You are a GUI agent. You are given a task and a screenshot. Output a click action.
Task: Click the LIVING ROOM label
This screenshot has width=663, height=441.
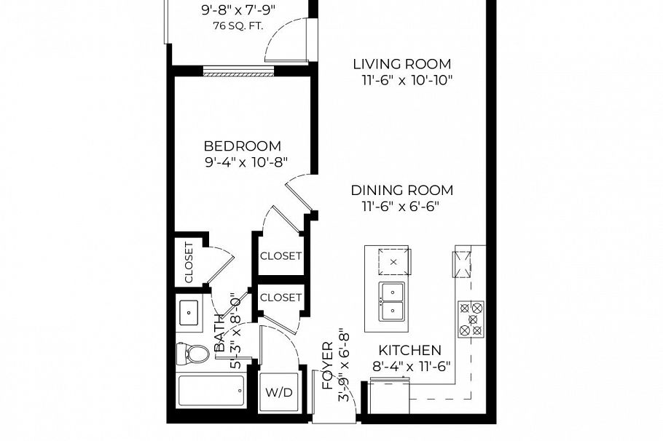pyautogui.click(x=401, y=64)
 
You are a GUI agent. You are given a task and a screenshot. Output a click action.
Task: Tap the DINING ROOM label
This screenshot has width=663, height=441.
pyautogui.click(x=401, y=191)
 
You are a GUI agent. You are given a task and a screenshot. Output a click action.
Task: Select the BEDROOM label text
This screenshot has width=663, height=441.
pyautogui.click(x=243, y=146)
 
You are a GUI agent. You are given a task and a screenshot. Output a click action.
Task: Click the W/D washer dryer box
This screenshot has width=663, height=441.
pyautogui.click(x=278, y=393)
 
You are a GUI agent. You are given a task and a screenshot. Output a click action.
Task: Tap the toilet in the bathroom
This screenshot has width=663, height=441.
pyautogui.click(x=193, y=354)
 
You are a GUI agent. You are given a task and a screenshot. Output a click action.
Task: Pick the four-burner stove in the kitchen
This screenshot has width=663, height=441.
pyautogui.click(x=471, y=319)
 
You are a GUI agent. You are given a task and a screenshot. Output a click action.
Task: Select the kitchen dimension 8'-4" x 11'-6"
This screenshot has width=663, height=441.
pyautogui.click(x=412, y=366)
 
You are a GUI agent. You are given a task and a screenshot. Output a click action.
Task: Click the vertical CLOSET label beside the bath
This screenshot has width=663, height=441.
pyautogui.click(x=188, y=262)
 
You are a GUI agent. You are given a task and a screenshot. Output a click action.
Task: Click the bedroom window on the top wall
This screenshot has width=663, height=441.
pyautogui.click(x=238, y=71)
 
